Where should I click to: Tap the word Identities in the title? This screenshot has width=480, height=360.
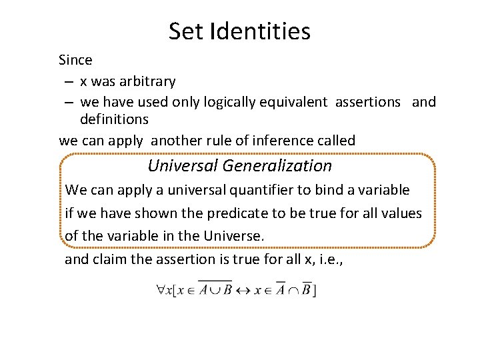click(260, 31)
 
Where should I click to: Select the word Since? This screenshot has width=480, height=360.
click(75, 60)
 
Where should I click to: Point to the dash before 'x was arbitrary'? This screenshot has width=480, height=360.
click(69, 81)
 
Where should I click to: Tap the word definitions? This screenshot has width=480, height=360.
click(114, 119)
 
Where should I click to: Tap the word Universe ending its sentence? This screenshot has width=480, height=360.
click(237, 236)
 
